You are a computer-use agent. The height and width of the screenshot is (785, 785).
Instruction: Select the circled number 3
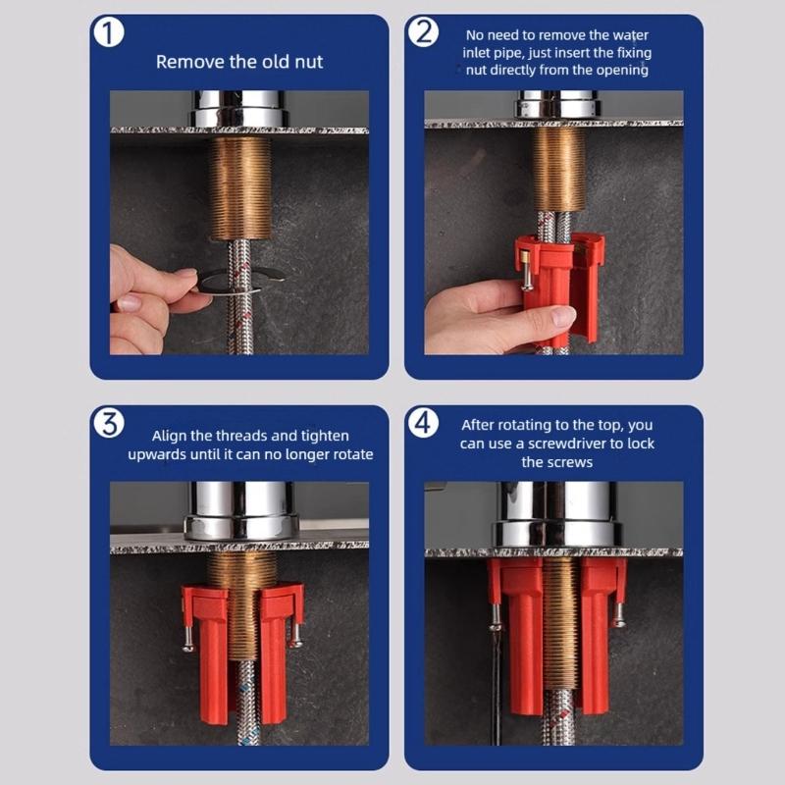(109, 423)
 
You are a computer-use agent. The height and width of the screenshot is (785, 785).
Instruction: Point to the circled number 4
(423, 423)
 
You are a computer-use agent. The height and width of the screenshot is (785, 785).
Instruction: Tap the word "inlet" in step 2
(482, 53)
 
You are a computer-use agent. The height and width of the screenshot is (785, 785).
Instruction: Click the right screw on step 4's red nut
(618, 613)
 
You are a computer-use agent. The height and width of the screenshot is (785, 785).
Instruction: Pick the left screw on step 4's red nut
(496, 614)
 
